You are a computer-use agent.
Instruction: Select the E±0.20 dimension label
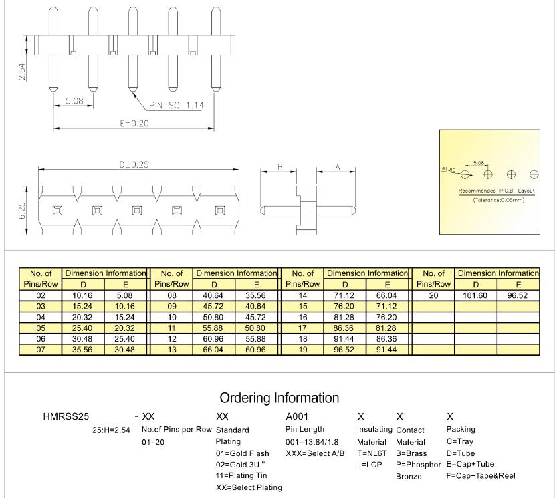pos(134,123)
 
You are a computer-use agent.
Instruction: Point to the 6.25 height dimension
pos(22,211)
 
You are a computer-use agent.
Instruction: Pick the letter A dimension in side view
pos(336,167)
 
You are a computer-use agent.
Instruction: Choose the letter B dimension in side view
pos(280,167)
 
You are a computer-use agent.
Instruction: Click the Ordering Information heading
pos(279,398)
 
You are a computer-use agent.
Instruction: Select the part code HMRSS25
pos(66,416)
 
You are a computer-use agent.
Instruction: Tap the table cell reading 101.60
pos(476,294)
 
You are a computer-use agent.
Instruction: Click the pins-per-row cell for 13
pos(172,350)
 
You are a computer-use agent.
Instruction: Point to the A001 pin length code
pos(297,416)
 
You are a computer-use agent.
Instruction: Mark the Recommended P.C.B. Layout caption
pos(497,191)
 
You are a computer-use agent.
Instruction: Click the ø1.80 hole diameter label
pos(448,170)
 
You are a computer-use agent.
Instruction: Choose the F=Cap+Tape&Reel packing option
pos(480,475)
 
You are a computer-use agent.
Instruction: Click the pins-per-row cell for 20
pos(433,294)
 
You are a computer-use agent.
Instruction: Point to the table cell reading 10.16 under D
pos(84,294)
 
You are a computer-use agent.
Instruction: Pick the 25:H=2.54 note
pos(111,430)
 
